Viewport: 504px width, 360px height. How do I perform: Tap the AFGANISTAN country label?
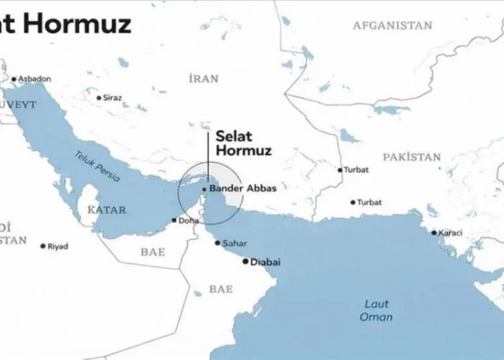[392, 26]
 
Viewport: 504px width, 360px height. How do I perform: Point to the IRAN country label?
[202, 78]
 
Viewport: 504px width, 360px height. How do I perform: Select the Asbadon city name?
[35, 78]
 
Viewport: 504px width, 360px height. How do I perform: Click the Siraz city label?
[112, 97]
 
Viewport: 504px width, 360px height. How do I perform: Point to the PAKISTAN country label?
[411, 156]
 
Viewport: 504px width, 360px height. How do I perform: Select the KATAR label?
[106, 210]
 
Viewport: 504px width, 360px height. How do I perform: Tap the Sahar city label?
[235, 243]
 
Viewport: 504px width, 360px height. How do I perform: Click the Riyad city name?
[58, 246]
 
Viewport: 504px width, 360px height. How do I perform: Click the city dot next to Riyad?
[42, 246]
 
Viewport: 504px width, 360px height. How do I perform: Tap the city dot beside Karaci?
[434, 233]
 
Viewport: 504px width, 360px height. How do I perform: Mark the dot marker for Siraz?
[99, 97]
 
